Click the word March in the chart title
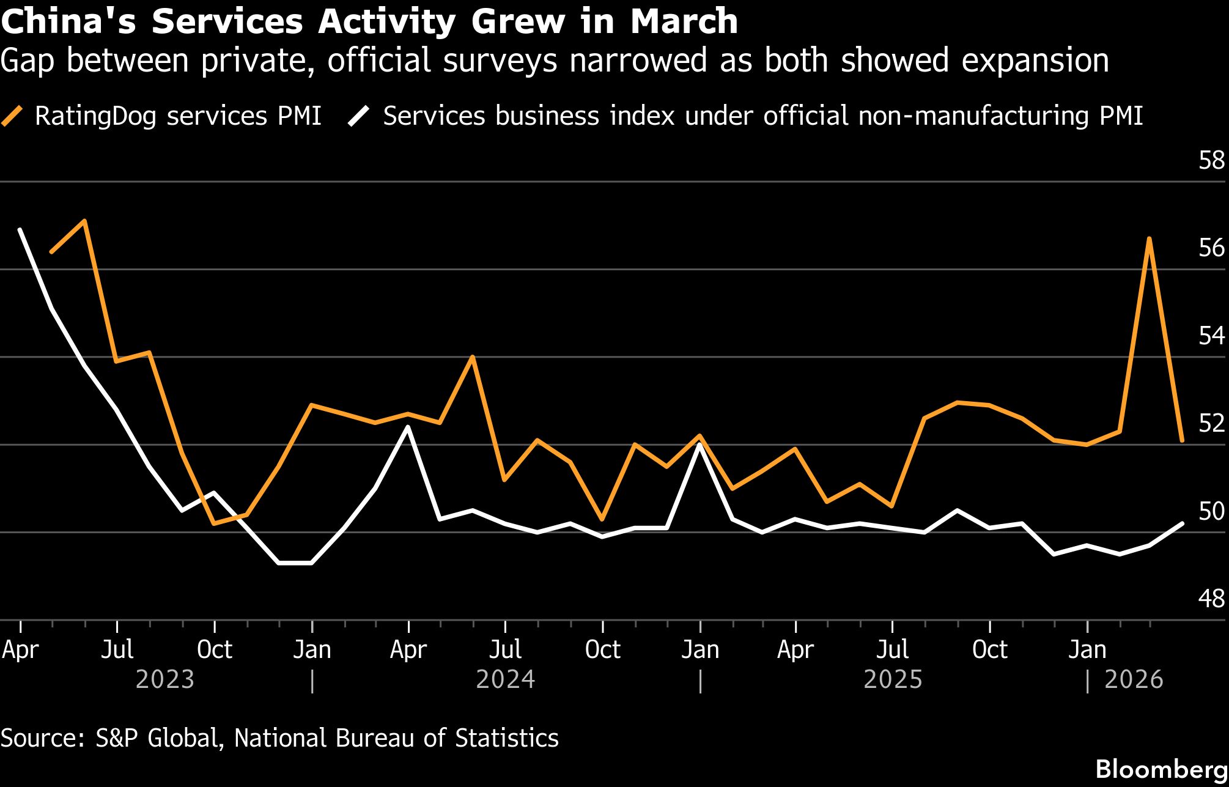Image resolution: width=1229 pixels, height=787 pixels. (x=684, y=21)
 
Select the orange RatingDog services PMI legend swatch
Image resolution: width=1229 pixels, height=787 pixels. (x=12, y=116)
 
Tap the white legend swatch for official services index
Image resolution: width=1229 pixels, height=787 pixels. (x=359, y=116)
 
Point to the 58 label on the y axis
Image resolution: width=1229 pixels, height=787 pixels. (x=1211, y=160)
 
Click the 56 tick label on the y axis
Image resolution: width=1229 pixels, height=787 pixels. (x=1211, y=248)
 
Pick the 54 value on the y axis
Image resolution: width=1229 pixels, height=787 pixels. (x=1211, y=335)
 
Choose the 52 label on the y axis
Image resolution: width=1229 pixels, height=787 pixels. (x=1211, y=423)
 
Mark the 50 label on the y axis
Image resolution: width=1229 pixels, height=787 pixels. (x=1211, y=511)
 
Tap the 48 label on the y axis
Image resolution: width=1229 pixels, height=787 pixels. (x=1211, y=599)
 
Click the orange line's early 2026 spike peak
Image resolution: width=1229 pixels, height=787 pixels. (x=1150, y=238)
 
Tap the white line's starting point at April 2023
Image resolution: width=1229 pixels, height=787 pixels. (x=20, y=230)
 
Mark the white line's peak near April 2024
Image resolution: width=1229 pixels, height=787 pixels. (x=408, y=427)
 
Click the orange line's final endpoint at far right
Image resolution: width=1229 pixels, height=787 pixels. (x=1182, y=440)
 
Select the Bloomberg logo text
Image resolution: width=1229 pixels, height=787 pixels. (x=1161, y=769)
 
